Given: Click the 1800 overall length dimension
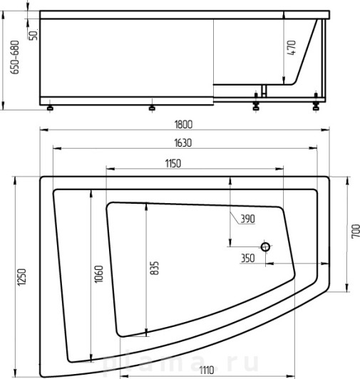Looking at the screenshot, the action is pyautogui.click(x=183, y=125).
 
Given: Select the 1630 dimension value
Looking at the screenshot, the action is pyautogui.click(x=183, y=143).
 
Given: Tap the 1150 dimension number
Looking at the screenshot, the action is pyautogui.click(x=173, y=164).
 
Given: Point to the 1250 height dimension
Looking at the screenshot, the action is pyautogui.click(x=21, y=277).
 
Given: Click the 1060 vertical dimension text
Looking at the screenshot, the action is pyautogui.click(x=98, y=274).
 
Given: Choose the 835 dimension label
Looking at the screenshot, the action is pyautogui.click(x=155, y=268).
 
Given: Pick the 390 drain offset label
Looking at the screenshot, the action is pyautogui.click(x=247, y=219).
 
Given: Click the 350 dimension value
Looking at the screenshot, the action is pyautogui.click(x=248, y=258).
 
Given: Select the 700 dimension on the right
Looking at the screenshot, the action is pyautogui.click(x=356, y=232).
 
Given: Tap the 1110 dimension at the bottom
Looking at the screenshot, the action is pyautogui.click(x=206, y=370).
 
